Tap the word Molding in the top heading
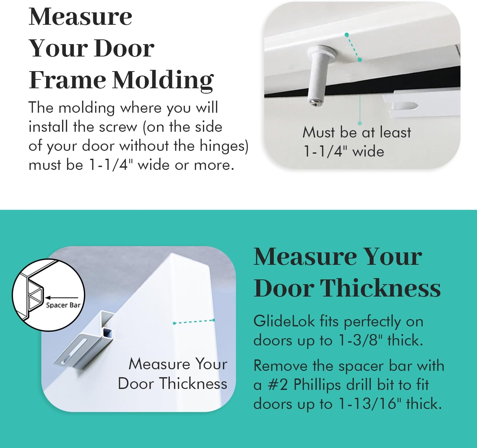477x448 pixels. click(x=163, y=80)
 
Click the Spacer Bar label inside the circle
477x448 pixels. click(x=63, y=305)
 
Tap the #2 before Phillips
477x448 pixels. click(x=278, y=385)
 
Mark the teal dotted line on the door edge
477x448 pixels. click(x=194, y=322)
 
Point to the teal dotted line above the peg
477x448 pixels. click(x=353, y=47)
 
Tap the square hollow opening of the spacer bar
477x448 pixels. click(x=107, y=333)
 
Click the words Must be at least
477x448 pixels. click(x=356, y=132)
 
